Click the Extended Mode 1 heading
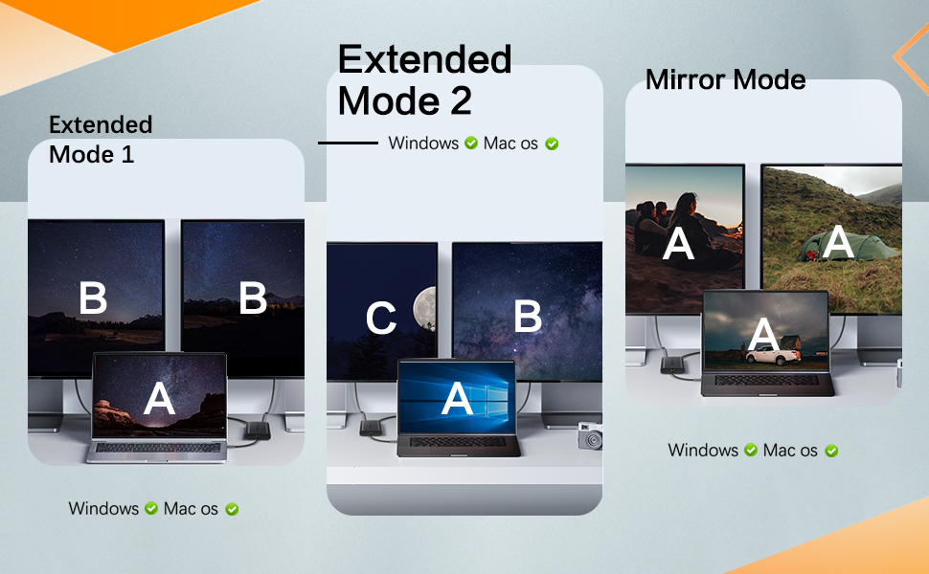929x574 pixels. [x=101, y=139]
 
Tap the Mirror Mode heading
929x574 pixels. [x=725, y=79]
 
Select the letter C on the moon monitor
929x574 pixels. [x=381, y=319]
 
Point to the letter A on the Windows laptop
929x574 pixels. [x=457, y=399]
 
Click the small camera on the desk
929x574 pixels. [x=590, y=436]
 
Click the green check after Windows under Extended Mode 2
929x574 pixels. [x=471, y=143]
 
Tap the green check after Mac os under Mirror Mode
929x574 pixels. [x=831, y=450]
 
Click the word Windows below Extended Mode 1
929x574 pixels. [x=103, y=508]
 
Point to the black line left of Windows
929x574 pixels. [x=348, y=143]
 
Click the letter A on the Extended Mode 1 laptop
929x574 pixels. [x=159, y=399]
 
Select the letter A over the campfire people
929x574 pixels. [x=679, y=244]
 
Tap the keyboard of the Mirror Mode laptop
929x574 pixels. [x=766, y=381]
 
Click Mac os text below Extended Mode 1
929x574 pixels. [x=191, y=508]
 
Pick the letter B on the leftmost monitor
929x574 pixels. [x=93, y=298]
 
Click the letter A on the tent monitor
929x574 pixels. [x=839, y=242]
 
